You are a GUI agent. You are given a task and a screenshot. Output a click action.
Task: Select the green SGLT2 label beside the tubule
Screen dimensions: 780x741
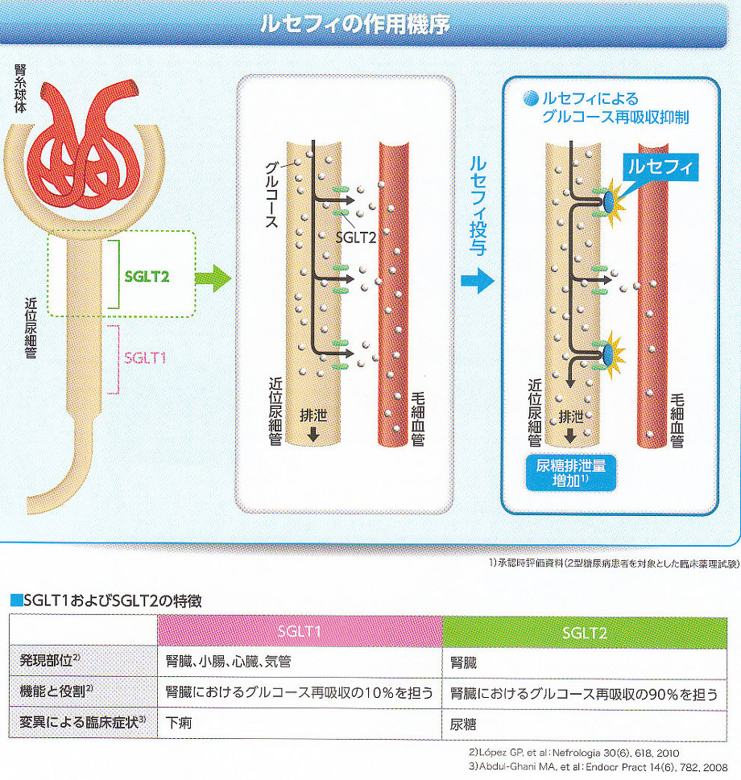pyautogui.click(x=147, y=274)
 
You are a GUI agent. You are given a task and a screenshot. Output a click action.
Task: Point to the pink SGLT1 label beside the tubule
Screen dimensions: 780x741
pyautogui.click(x=146, y=357)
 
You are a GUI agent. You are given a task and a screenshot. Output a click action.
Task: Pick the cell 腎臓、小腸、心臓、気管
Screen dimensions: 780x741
pyautogui.click(x=228, y=662)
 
